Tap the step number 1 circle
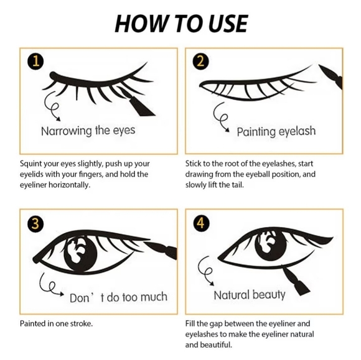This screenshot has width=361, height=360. pyautogui.click(x=36, y=62)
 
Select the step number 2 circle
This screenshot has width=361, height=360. pyautogui.click(x=201, y=62)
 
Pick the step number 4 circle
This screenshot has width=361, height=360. pyautogui.click(x=201, y=223)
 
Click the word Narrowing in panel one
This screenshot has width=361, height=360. pyautogui.click(x=67, y=131)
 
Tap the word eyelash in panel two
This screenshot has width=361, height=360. pyautogui.click(x=297, y=132)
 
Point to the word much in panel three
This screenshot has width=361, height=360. pyautogui.click(x=154, y=297)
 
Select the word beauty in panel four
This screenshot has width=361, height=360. pyautogui.click(x=269, y=295)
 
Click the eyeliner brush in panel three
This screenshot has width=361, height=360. pyautogui.click(x=161, y=249)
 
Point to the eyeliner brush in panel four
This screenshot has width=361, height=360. pyautogui.click(x=296, y=280)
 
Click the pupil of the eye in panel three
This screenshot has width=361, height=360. pyautogui.click(x=80, y=253)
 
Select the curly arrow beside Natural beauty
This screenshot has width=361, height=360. pyautogui.click(x=205, y=270)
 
